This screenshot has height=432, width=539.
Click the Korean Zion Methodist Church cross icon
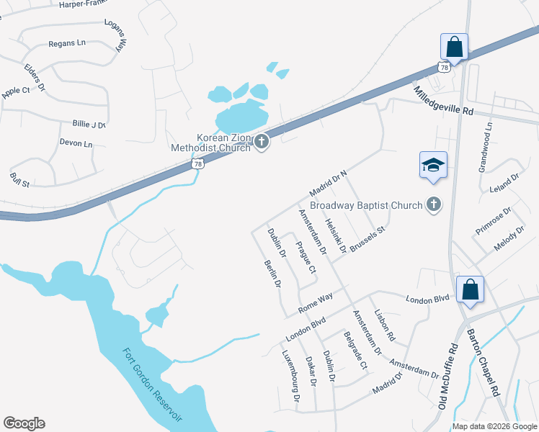(x=262, y=142)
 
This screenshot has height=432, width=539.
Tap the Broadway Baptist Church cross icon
(x=433, y=205)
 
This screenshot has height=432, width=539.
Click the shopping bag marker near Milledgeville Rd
(x=454, y=47)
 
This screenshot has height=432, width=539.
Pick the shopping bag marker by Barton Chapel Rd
(x=470, y=289)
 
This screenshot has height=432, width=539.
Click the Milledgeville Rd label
(x=443, y=102)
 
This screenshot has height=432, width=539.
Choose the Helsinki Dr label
(x=336, y=235)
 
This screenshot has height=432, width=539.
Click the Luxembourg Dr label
(x=290, y=375)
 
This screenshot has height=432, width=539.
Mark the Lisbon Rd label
(x=385, y=325)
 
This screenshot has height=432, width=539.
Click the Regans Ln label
(x=67, y=43)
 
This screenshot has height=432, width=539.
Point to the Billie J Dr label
(x=89, y=125)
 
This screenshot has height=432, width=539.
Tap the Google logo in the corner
(x=24, y=423)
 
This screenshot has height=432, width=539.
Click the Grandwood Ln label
(x=486, y=147)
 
